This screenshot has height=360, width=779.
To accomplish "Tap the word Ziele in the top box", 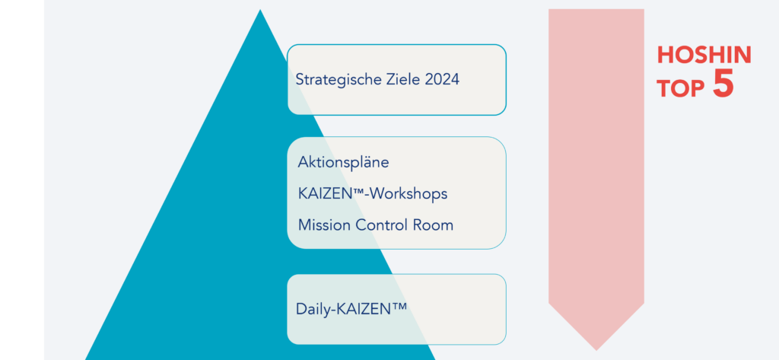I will [400, 78].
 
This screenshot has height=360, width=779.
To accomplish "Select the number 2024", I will [440, 78].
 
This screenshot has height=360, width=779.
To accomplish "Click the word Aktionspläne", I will [343, 163].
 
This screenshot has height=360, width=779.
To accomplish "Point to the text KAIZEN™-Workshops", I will [372, 194].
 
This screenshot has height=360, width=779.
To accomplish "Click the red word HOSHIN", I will [704, 55].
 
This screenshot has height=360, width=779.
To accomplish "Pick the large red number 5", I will [723, 84].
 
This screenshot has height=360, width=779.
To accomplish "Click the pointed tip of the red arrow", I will [596, 349].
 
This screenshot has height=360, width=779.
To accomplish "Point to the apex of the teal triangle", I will [260, 11].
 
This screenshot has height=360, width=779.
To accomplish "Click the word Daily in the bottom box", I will [312, 310].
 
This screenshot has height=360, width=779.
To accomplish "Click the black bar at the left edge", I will [21, 180].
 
